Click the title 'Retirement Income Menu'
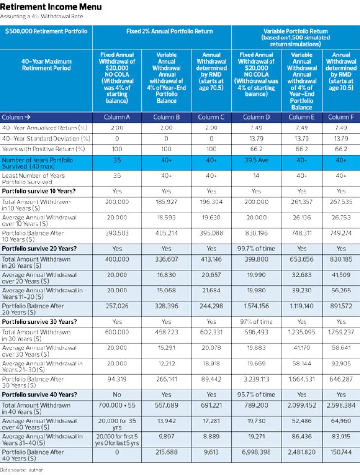(x=51, y=7)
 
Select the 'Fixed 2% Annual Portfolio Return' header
(x=169, y=31)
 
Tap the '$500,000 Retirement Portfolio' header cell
(x=46, y=31)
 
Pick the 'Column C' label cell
(x=211, y=117)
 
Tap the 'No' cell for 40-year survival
(x=117, y=394)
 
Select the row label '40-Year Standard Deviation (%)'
(x=46, y=138)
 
